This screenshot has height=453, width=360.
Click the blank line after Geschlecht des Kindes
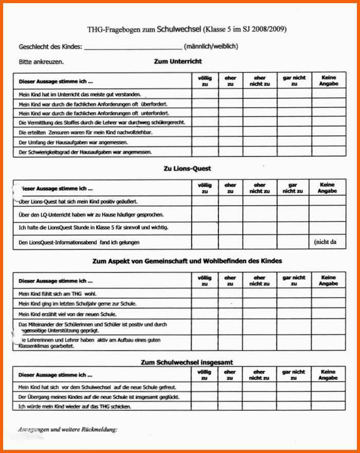pyautogui.click(x=132, y=47)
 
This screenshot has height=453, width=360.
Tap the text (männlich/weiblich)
pyautogui.click(x=210, y=46)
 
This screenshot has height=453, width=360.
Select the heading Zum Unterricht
pyautogui.click(x=178, y=61)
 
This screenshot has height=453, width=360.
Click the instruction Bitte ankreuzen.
pyautogui.click(x=42, y=62)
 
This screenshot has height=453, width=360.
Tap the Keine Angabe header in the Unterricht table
pyautogui.click(x=328, y=81)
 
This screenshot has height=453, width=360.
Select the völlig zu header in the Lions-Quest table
pyautogui.click(x=205, y=188)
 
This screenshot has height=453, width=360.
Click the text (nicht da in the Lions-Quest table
pyautogui.click(x=325, y=242)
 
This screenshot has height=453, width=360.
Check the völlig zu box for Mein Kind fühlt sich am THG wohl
pyautogui.click(x=205, y=293)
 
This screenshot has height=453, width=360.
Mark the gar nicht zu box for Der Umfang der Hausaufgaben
pyautogui.click(x=294, y=142)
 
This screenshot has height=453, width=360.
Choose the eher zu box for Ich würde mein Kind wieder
pyautogui.click(x=230, y=406)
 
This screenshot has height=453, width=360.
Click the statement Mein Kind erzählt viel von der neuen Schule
pyautogui.click(x=67, y=314)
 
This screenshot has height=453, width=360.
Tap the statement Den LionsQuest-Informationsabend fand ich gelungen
pyautogui.click(x=79, y=242)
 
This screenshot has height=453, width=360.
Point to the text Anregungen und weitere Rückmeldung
pyautogui.click(x=67, y=429)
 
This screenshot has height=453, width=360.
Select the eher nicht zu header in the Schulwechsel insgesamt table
pyautogui.click(x=260, y=374)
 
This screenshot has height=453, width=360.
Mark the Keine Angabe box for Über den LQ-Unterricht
pyautogui.click(x=328, y=213)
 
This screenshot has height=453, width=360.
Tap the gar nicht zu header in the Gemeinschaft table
pyautogui.click(x=294, y=281)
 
